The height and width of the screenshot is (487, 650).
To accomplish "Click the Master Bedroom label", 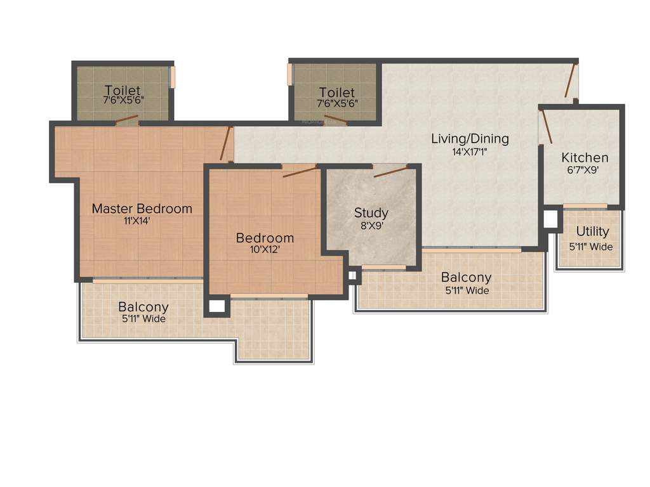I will point(142,208).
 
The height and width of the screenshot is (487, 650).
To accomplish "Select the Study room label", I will point(371,212).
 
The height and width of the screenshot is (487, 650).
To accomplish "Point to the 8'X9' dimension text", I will point(371,225).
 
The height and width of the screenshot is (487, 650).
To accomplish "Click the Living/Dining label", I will point(470,138).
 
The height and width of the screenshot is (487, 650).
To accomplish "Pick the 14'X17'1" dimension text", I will point(470,152).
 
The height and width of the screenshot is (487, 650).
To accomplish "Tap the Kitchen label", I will point(585,157).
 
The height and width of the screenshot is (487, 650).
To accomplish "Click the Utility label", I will point(592,231).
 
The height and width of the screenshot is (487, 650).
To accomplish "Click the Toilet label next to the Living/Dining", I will point(336,93).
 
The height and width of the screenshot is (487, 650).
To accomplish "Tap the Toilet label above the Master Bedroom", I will point(123,90).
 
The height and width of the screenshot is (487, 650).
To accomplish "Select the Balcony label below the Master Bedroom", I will point(143,307).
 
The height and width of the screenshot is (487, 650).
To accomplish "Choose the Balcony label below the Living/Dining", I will point(466,277).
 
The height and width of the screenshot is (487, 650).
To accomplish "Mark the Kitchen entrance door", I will point(545,126).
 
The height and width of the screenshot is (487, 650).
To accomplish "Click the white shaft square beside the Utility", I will point(550,219).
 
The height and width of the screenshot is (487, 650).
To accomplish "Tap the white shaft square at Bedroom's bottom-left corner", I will point(217,306).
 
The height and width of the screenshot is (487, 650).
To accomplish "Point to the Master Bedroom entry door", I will point(225,145).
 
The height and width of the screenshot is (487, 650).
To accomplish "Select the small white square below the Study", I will point(352,275).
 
